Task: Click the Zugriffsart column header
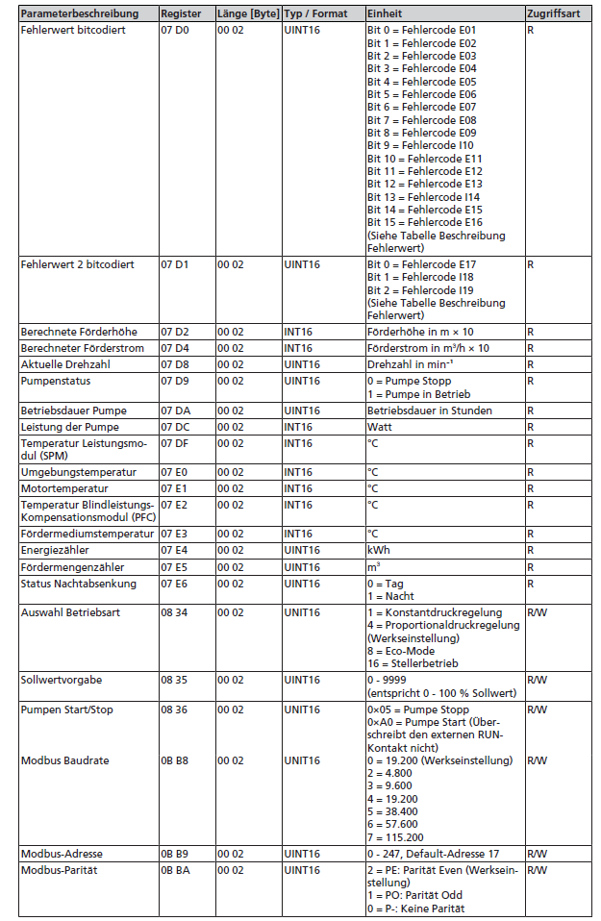pos(553,14)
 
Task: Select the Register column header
pos(181,14)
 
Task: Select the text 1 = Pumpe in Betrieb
pos(415,394)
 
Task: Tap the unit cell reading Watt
pos(381,426)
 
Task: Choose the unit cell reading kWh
pos(379,551)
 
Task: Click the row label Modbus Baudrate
pos(65,760)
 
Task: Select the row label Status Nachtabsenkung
pos(79,584)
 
